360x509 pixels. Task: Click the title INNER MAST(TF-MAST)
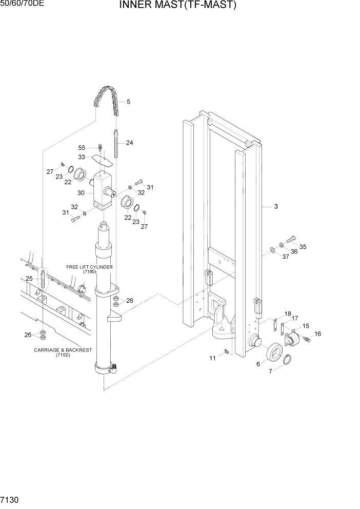tap(178, 6)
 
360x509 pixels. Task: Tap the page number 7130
tap(11, 499)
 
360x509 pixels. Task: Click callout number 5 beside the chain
tap(128, 102)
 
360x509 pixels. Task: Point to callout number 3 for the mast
tap(275, 207)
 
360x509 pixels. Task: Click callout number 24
tap(129, 143)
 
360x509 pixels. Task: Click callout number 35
tap(303, 247)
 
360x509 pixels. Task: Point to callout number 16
tap(317, 334)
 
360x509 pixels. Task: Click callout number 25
tap(29, 279)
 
